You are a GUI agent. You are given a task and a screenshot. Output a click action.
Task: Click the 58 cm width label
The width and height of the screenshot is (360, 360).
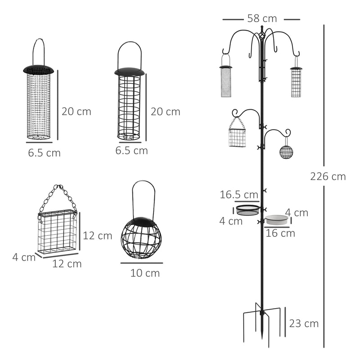[x=261, y=18]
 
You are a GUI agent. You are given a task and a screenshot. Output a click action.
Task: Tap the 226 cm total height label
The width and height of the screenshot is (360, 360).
[x=328, y=176]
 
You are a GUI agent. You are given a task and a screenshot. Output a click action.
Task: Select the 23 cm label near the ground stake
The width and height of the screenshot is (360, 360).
[x=304, y=323]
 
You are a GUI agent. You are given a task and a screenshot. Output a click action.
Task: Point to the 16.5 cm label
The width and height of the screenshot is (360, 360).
[x=239, y=195]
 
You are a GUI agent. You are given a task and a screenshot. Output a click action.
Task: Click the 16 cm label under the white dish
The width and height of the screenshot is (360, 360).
[x=280, y=233]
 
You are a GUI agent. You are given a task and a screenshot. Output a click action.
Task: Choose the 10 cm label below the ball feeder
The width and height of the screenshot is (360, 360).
[x=145, y=273]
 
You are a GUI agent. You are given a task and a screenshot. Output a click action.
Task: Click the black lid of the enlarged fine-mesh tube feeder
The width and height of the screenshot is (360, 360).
[x=38, y=70]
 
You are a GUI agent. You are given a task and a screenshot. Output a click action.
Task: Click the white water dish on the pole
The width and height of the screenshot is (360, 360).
[x=277, y=220]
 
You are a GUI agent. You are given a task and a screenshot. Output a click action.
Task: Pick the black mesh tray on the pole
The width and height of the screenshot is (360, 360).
[x=248, y=210]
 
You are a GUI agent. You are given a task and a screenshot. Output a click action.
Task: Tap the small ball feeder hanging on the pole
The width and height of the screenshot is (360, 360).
[x=286, y=152]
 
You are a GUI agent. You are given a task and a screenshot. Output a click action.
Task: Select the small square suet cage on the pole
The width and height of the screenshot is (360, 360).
[x=237, y=137]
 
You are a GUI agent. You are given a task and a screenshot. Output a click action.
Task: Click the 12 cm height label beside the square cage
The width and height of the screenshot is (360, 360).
[x=97, y=236]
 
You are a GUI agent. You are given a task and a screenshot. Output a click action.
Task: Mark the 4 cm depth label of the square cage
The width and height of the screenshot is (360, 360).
[x=24, y=257]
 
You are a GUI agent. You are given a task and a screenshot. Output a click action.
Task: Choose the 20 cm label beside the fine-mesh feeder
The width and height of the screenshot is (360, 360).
[x=76, y=112]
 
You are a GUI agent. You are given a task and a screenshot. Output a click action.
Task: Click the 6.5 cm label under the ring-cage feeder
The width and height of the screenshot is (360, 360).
[x=131, y=151]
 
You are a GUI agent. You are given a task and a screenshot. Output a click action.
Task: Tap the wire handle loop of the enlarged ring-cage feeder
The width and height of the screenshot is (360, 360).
[x=130, y=52]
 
